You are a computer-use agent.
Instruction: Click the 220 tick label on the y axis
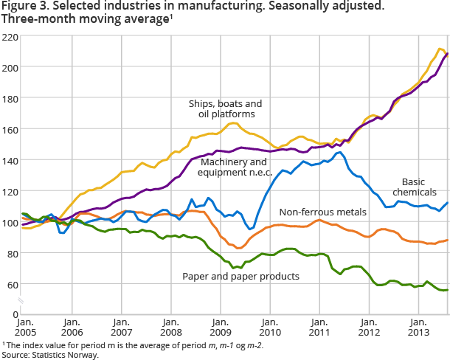pos(10,36)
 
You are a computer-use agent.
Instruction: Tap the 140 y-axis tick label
pos(10,160)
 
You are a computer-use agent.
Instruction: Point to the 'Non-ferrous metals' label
pos(322,212)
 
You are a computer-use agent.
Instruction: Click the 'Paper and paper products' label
pos(240,276)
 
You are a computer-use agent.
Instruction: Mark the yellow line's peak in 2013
pos(440,49)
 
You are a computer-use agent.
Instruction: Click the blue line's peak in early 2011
pos(338,153)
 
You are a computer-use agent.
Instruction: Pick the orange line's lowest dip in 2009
pos(238,248)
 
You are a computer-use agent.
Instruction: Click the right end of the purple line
pos(447,53)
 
